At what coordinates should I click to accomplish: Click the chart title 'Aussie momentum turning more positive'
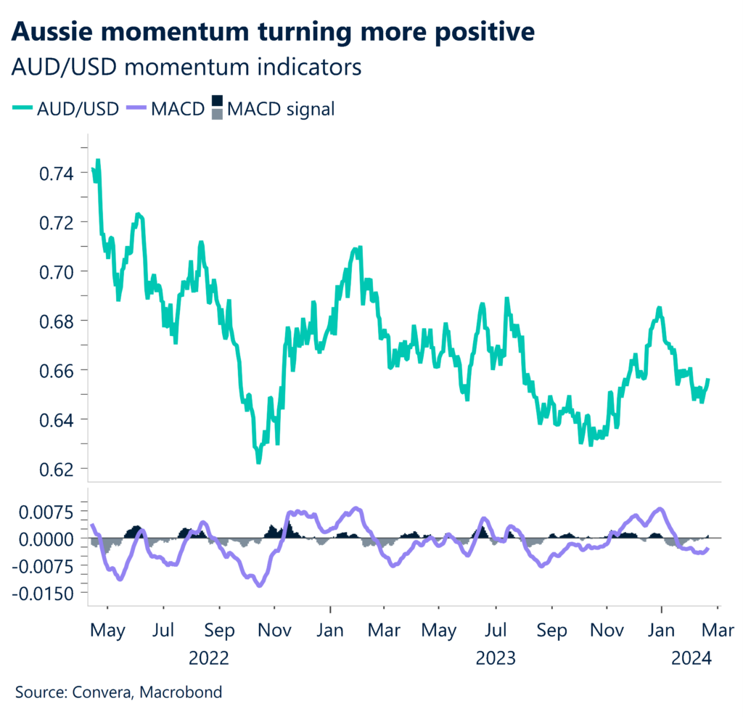[274, 32]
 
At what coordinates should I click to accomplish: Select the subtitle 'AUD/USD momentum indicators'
[187, 68]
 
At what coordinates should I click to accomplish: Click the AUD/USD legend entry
[65, 109]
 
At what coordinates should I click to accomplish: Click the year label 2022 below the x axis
[209, 658]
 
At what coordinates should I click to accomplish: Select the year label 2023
[496, 658]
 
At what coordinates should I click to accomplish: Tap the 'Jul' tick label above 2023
[496, 630]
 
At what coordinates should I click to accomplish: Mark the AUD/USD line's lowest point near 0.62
[258, 462]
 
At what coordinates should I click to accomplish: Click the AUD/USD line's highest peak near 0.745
[97, 160]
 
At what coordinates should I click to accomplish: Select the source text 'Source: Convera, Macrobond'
[118, 692]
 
